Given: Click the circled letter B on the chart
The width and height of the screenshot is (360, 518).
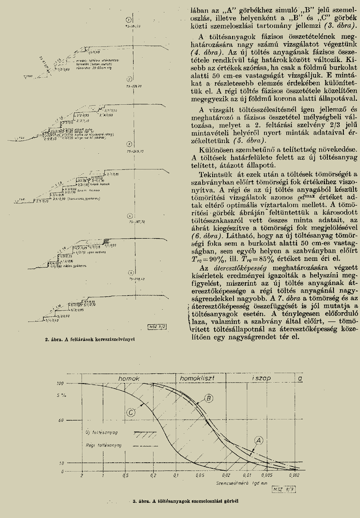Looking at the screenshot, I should coord(209,399).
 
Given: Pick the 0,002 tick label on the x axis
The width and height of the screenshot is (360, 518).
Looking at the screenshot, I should coord(294,475).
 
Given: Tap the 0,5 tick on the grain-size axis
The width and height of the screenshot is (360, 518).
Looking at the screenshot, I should coord(125,475).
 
